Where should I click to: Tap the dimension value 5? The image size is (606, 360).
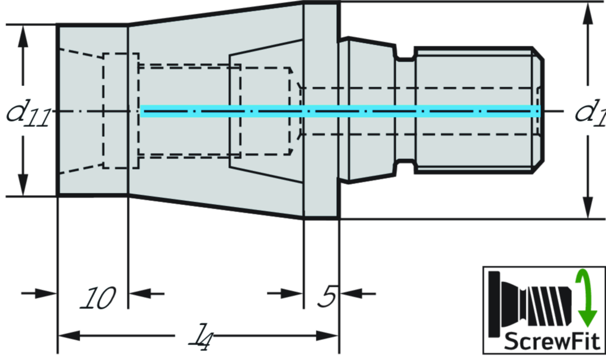[327, 297]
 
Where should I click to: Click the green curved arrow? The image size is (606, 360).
[585, 298]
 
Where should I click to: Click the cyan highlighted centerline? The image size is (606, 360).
[340, 111]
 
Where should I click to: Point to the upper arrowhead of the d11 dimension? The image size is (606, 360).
[23, 37]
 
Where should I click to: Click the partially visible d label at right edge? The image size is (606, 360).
[585, 111]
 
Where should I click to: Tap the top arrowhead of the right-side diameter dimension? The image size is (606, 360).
[588, 14]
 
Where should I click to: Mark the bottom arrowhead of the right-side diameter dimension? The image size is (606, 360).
[588, 207]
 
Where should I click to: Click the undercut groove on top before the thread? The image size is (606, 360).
[405, 57]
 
